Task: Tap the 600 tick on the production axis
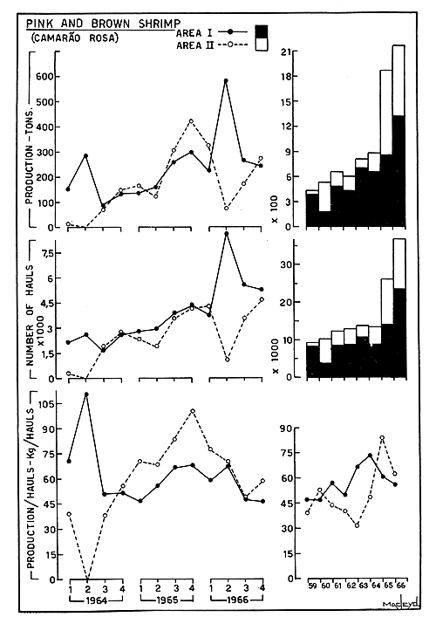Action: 43,76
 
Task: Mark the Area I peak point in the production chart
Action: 226,81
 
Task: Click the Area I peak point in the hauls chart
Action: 227,234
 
